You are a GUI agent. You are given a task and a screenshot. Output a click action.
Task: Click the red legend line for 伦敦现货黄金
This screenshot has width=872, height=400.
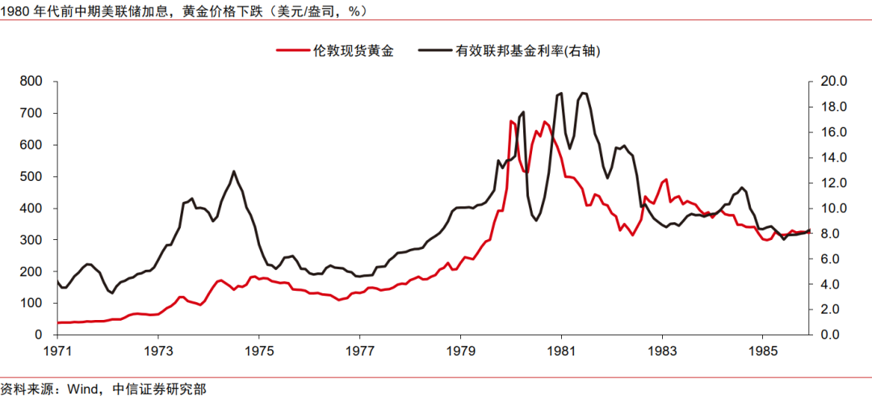click(x=292, y=50)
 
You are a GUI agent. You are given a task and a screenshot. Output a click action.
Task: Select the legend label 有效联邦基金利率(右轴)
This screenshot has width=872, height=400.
click(x=529, y=50)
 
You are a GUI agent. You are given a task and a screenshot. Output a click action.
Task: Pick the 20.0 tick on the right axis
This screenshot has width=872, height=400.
click(x=831, y=82)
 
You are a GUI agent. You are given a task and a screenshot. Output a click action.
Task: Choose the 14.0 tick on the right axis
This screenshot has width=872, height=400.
click(x=831, y=158)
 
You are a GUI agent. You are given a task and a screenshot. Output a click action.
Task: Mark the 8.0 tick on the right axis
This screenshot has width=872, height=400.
click(x=828, y=234)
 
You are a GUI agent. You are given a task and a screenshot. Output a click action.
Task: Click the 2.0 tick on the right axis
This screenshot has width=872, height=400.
click(x=828, y=309)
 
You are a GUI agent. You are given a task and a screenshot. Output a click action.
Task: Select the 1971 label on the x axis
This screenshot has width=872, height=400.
click(x=57, y=352)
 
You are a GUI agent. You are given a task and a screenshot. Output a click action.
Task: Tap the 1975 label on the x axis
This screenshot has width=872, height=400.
click(x=259, y=352)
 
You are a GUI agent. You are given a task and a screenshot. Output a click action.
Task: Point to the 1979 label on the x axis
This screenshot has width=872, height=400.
click(x=461, y=352)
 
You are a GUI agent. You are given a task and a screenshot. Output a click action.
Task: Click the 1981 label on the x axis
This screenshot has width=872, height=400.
click(x=561, y=352)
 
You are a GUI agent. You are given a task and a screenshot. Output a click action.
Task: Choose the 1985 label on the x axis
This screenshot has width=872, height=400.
click(x=763, y=352)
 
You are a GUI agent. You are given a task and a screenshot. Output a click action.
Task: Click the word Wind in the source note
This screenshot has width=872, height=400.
click(x=83, y=389)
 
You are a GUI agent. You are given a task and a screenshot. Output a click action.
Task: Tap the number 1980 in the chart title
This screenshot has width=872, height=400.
click(x=16, y=11)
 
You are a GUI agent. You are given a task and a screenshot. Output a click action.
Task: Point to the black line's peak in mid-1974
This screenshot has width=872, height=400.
click(x=234, y=171)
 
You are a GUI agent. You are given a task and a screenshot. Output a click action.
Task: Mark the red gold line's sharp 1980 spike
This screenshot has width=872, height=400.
click(x=512, y=122)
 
